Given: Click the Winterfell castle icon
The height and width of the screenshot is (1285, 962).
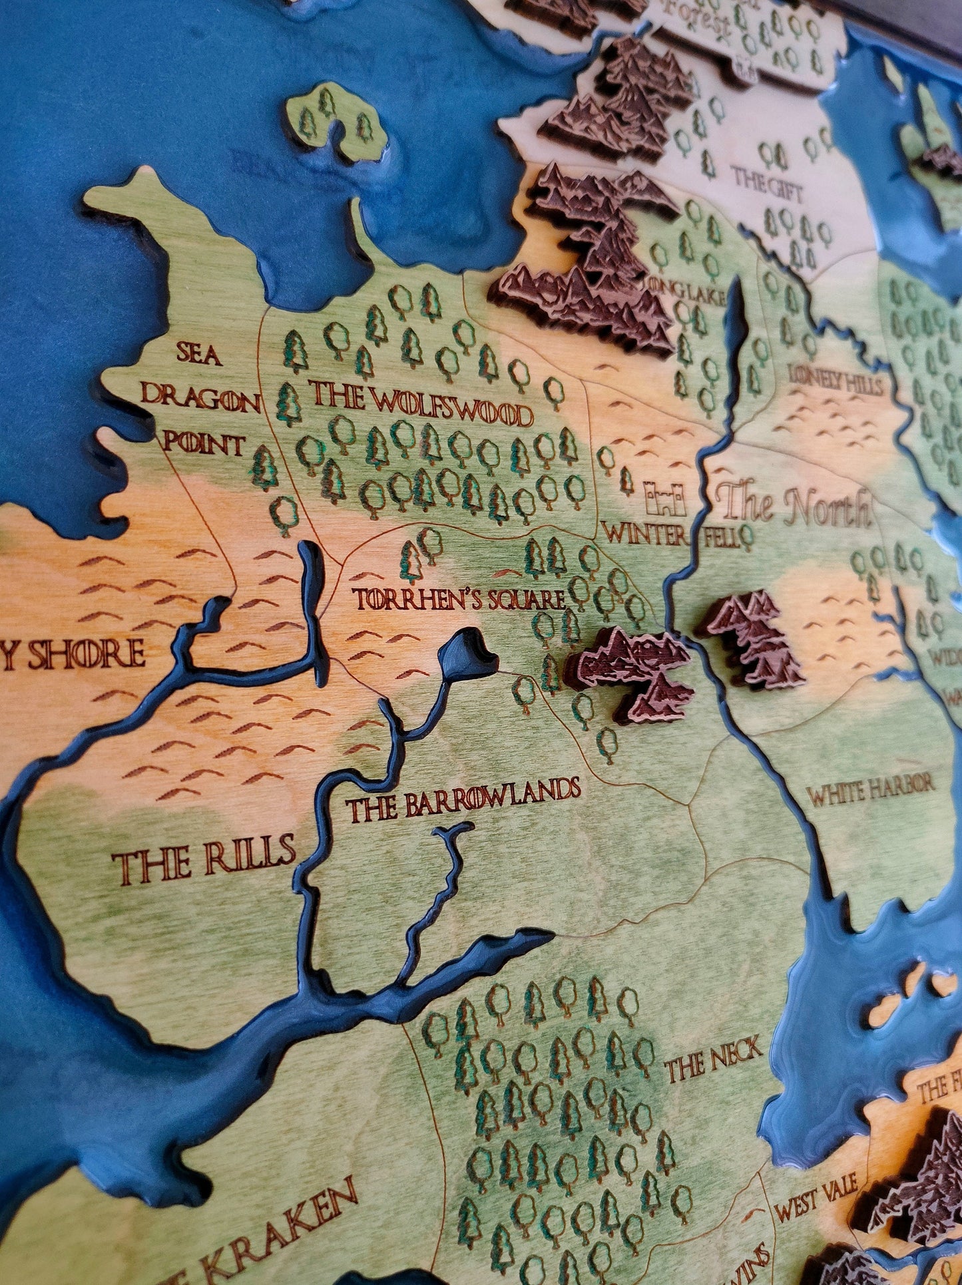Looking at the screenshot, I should click(664, 499).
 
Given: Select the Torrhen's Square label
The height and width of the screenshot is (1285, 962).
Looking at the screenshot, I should click(459, 600).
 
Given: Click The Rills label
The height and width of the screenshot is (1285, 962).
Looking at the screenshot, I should click(204, 856).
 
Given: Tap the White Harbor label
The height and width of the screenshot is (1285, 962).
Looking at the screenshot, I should click(871, 790).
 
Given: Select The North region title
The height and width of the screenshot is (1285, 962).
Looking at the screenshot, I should click(796, 507).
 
